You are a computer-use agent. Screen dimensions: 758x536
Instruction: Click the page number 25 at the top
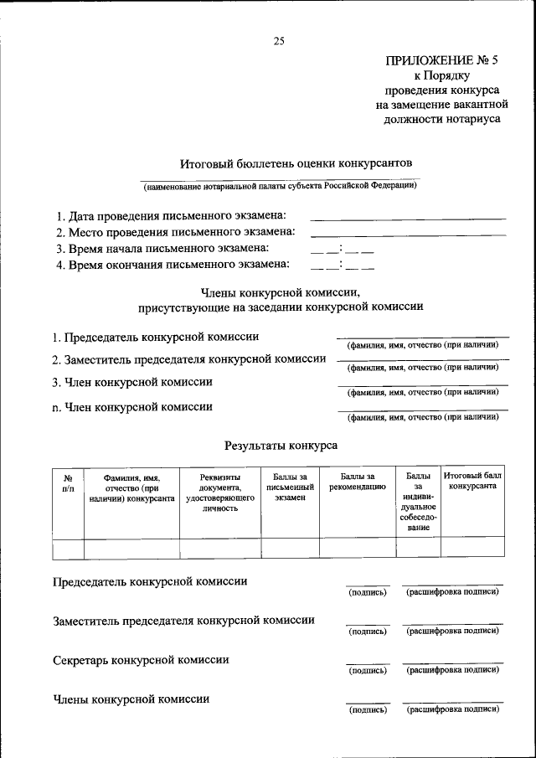click(x=279, y=42)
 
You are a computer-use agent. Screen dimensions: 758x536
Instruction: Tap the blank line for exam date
click(x=408, y=219)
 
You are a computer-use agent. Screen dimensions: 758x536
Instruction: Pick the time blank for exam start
click(x=342, y=250)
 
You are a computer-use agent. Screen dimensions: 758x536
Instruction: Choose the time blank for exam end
click(x=342, y=266)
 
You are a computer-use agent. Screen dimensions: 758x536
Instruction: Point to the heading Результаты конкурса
click(x=281, y=446)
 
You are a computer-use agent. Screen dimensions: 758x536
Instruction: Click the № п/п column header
click(x=68, y=482)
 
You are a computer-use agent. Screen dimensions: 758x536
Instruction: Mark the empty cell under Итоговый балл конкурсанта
click(x=472, y=548)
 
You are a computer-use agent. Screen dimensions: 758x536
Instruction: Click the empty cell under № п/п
click(x=68, y=548)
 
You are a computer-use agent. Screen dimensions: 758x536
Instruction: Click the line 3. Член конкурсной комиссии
click(x=132, y=382)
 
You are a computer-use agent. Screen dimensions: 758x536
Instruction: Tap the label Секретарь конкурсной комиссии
click(x=141, y=660)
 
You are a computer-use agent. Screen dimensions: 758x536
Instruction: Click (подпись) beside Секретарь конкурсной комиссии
click(x=367, y=671)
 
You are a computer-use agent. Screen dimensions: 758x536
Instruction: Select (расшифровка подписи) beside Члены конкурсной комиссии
click(x=452, y=709)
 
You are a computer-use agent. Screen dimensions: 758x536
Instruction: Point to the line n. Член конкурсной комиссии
click(x=132, y=407)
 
